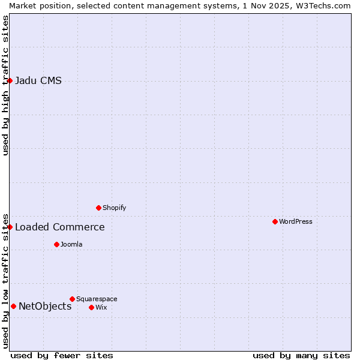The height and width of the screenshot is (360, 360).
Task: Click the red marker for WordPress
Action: tap(275, 221)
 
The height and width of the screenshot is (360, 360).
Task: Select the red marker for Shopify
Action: tap(98, 208)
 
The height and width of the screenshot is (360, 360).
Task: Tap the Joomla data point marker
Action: tap(56, 244)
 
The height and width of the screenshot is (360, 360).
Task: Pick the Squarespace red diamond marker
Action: tap(72, 299)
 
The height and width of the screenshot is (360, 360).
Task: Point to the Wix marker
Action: tap(91, 307)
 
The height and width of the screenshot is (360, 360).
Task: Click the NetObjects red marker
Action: tap(13, 306)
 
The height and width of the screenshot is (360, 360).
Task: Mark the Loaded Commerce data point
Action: tap(10, 227)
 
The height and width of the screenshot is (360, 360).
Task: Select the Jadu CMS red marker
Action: tap(10, 80)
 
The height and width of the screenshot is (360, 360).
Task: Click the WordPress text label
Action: tap(295, 221)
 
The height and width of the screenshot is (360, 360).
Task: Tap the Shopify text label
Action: tap(114, 208)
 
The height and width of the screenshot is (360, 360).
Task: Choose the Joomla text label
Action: tap(71, 244)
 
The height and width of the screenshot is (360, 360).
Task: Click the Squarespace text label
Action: tap(97, 299)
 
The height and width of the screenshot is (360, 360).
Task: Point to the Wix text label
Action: tap(101, 307)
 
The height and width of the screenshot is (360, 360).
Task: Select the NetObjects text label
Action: tap(45, 306)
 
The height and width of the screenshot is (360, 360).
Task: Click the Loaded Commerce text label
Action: tap(59, 227)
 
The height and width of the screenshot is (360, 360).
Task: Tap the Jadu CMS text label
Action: tap(38, 80)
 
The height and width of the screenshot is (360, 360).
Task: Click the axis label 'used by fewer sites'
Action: tap(62, 355)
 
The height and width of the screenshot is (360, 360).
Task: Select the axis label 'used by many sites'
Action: tap(301, 355)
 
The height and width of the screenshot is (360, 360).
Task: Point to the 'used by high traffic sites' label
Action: tap(5, 85)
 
